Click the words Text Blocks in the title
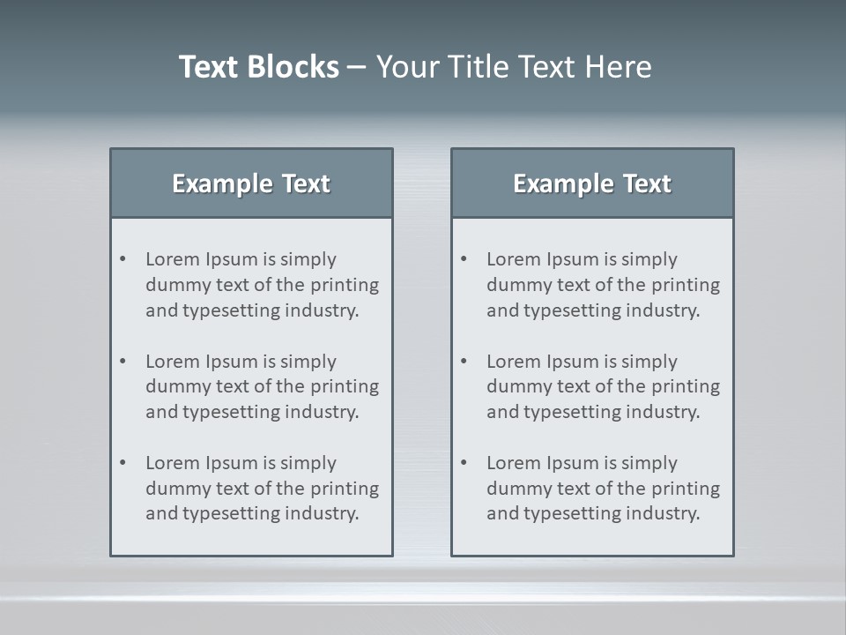pyautogui.click(x=258, y=67)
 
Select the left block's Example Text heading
pyautogui.click(x=251, y=183)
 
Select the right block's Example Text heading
pyautogui.click(x=592, y=183)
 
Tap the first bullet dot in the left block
pyautogui.click(x=122, y=259)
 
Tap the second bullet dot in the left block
pyautogui.click(x=122, y=362)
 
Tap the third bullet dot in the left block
pyautogui.click(x=122, y=463)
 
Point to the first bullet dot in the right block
pyautogui.click(x=464, y=259)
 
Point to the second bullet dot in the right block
pyautogui.click(x=464, y=362)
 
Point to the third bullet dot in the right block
pyautogui.click(x=464, y=463)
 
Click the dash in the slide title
pyautogui.click(x=357, y=67)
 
